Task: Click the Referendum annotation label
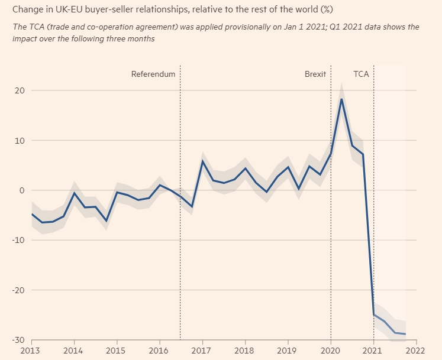153,74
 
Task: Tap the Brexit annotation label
315,74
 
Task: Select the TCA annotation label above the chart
361,74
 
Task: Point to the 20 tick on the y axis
20,90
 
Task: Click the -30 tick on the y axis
17,340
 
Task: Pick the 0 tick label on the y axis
21,190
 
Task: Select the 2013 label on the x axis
31,351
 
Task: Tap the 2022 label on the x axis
416,351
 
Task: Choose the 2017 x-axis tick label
202,351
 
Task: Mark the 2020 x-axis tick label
331,351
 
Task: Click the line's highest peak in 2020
341,99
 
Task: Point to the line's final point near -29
405,334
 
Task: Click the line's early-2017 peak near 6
202,161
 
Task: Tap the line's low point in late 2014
107,221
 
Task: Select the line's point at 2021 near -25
373,314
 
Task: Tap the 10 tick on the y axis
20,141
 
